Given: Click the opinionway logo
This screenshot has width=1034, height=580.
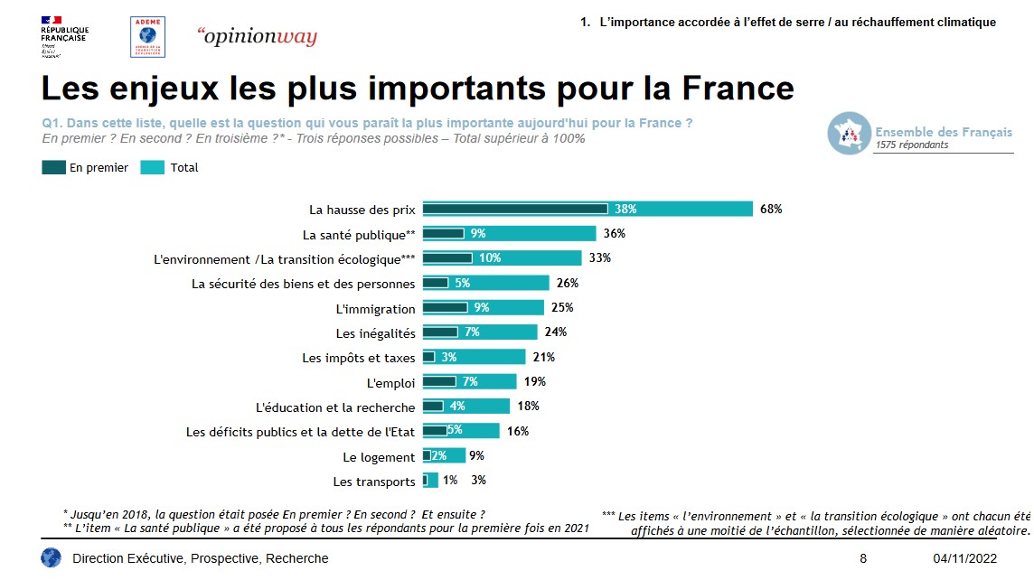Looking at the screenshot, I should click(x=257, y=37).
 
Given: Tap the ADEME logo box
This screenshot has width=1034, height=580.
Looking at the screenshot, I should click(x=147, y=37).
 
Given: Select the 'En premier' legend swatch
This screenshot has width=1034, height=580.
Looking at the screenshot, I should click(x=54, y=167).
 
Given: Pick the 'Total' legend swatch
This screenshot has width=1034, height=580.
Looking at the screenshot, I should click(x=153, y=167).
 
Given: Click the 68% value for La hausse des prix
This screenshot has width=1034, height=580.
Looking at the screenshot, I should click(x=771, y=209).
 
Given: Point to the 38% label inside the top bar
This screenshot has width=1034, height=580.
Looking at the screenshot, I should click(x=625, y=209).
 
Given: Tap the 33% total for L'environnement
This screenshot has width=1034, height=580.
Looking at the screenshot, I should click(x=600, y=257).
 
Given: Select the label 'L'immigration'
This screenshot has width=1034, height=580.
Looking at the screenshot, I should click(x=375, y=309).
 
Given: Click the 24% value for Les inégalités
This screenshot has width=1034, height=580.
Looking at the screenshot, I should click(x=556, y=332).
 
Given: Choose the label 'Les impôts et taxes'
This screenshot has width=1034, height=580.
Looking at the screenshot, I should click(x=359, y=358).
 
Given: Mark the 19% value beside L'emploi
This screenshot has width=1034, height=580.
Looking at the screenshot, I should click(x=535, y=381).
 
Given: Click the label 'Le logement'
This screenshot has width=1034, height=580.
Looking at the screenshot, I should click(x=380, y=457).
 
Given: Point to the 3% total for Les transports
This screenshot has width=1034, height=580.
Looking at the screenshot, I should click(x=478, y=480).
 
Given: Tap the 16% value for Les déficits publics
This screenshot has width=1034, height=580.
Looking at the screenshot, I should click(x=518, y=431).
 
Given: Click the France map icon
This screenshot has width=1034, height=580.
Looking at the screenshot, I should click(x=849, y=133).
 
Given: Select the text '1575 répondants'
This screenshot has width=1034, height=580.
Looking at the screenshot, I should click(x=912, y=145).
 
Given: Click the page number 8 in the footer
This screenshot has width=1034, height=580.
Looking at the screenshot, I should click(x=863, y=558).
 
